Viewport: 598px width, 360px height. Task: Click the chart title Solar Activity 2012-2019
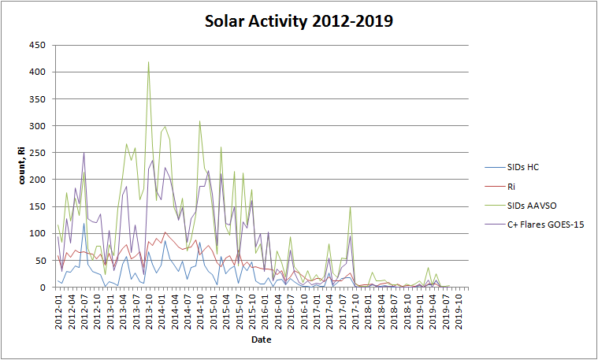pyautogui.click(x=299, y=21)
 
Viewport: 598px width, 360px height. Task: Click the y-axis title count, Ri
pyautogui.click(x=22, y=166)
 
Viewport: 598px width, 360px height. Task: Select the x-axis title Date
pyautogui.click(x=262, y=340)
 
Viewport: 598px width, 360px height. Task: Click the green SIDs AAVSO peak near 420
pyautogui.click(x=148, y=62)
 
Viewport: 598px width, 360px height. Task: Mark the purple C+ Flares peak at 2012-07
pyautogui.click(x=84, y=154)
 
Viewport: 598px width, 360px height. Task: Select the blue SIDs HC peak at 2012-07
pyautogui.click(x=84, y=224)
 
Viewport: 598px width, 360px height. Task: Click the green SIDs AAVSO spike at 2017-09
pyautogui.click(x=350, y=207)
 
